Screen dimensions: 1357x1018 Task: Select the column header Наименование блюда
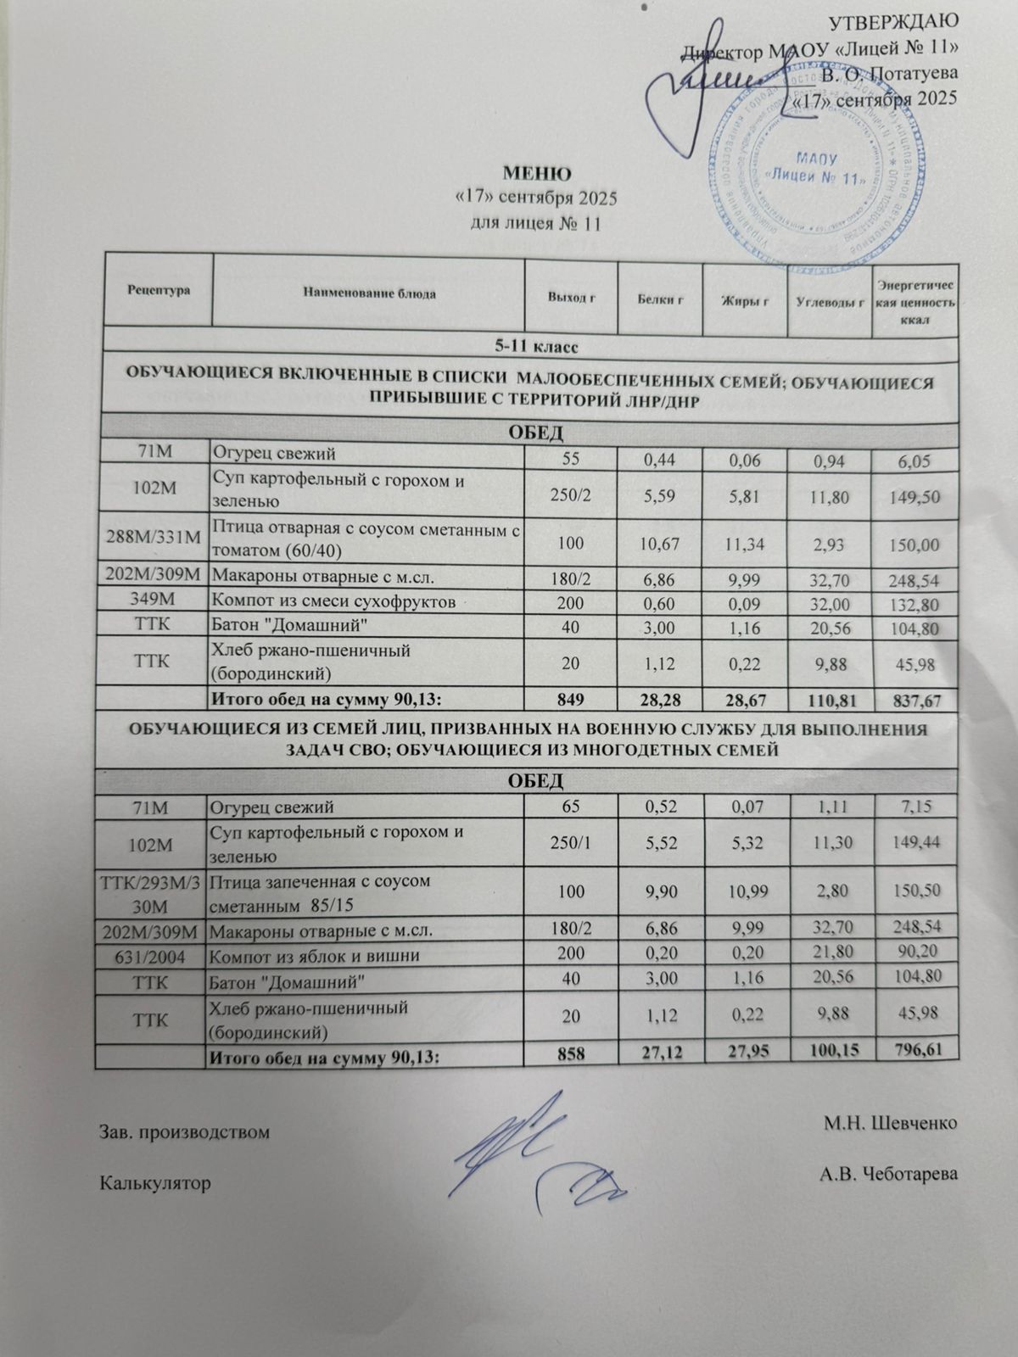[368, 293]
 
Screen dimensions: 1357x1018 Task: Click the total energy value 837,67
[916, 701]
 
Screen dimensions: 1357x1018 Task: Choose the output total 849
[571, 701]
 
